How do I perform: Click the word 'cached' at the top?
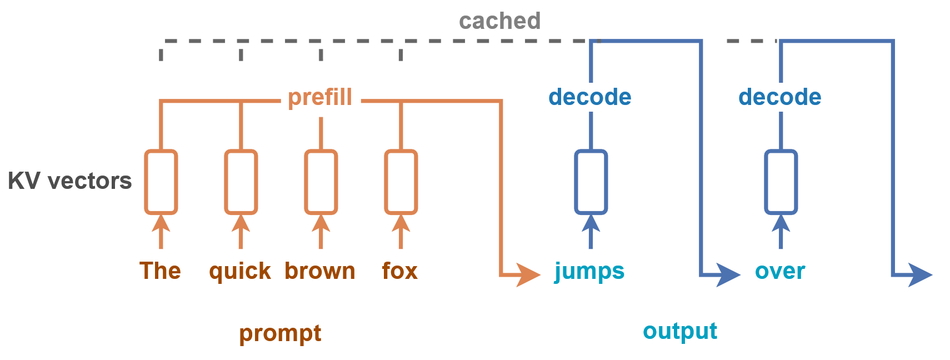tap(499, 21)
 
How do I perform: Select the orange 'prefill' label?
tap(320, 97)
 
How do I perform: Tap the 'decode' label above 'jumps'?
tap(590, 97)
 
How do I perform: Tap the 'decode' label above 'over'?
tap(780, 97)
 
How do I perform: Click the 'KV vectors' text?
tap(70, 181)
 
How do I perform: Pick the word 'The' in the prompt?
tap(161, 271)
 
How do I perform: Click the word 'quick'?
tap(240, 272)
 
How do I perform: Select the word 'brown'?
tap(320, 271)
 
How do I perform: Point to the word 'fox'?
tap(400, 271)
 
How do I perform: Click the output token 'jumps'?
tap(589, 272)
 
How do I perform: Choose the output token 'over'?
tap(780, 272)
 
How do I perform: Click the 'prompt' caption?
tap(280, 333)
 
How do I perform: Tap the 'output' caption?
tap(680, 331)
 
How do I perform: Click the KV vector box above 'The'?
tap(161, 182)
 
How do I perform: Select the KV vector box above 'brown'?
tap(321, 182)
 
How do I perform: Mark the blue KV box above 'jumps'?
tap(591, 182)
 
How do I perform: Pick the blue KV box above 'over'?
tap(781, 182)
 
